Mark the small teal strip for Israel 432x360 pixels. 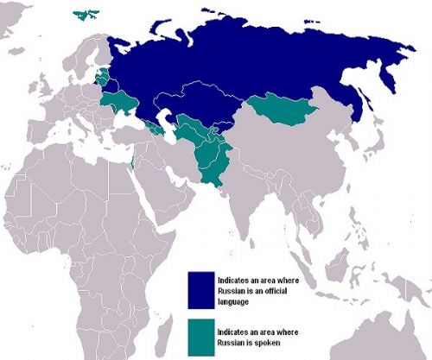click(x=131, y=163)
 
